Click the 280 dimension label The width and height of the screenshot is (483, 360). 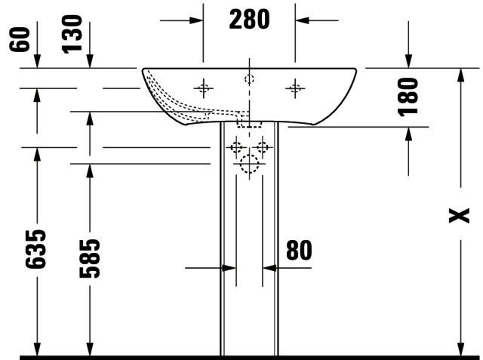click(x=249, y=20)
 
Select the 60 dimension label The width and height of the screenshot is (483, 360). click(x=20, y=39)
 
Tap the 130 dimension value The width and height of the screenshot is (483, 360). click(x=72, y=34)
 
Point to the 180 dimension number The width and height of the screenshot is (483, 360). click(x=408, y=97)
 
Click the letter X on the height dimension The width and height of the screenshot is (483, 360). click(x=459, y=215)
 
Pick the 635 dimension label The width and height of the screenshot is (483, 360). click(x=35, y=249)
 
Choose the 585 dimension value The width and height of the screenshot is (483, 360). click(x=90, y=259)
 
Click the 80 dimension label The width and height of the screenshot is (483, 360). click(x=299, y=251)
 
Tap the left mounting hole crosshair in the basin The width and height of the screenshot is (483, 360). click(x=203, y=89)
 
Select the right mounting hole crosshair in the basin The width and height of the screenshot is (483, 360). click(x=295, y=89)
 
